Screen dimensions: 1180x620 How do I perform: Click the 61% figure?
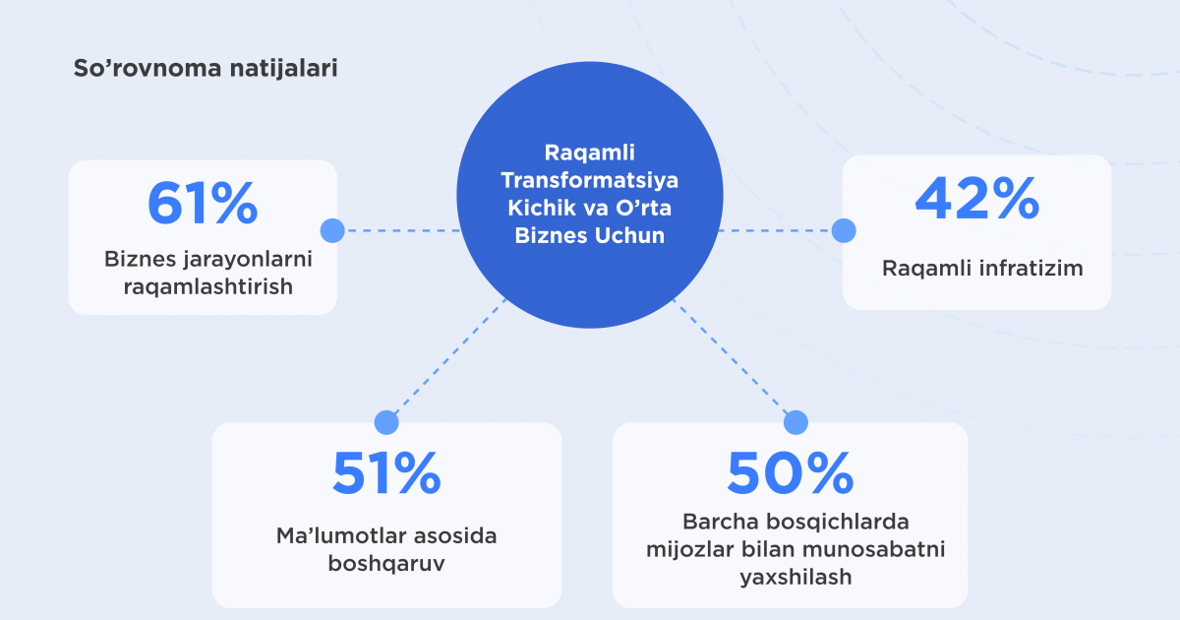(203, 204)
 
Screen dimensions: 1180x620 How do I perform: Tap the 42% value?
(977, 199)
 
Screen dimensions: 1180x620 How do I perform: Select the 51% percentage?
(386, 473)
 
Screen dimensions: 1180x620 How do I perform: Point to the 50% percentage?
(791, 473)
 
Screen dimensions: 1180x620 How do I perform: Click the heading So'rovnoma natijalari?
(206, 68)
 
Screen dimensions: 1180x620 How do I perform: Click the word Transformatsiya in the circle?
(589, 180)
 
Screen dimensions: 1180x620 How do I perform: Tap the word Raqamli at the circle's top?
(589, 153)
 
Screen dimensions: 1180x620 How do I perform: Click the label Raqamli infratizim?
(982, 269)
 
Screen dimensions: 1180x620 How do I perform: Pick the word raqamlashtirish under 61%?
(208, 286)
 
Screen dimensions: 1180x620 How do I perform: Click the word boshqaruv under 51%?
(386, 563)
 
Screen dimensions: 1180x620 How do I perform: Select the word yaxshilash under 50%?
(796, 577)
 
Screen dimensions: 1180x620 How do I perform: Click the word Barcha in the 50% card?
(721, 522)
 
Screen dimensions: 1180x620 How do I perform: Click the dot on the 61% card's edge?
(332, 231)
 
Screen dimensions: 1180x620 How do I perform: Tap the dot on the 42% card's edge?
(844, 231)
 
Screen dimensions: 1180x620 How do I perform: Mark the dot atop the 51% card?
(386, 423)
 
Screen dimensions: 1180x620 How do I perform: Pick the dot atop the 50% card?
(796, 423)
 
